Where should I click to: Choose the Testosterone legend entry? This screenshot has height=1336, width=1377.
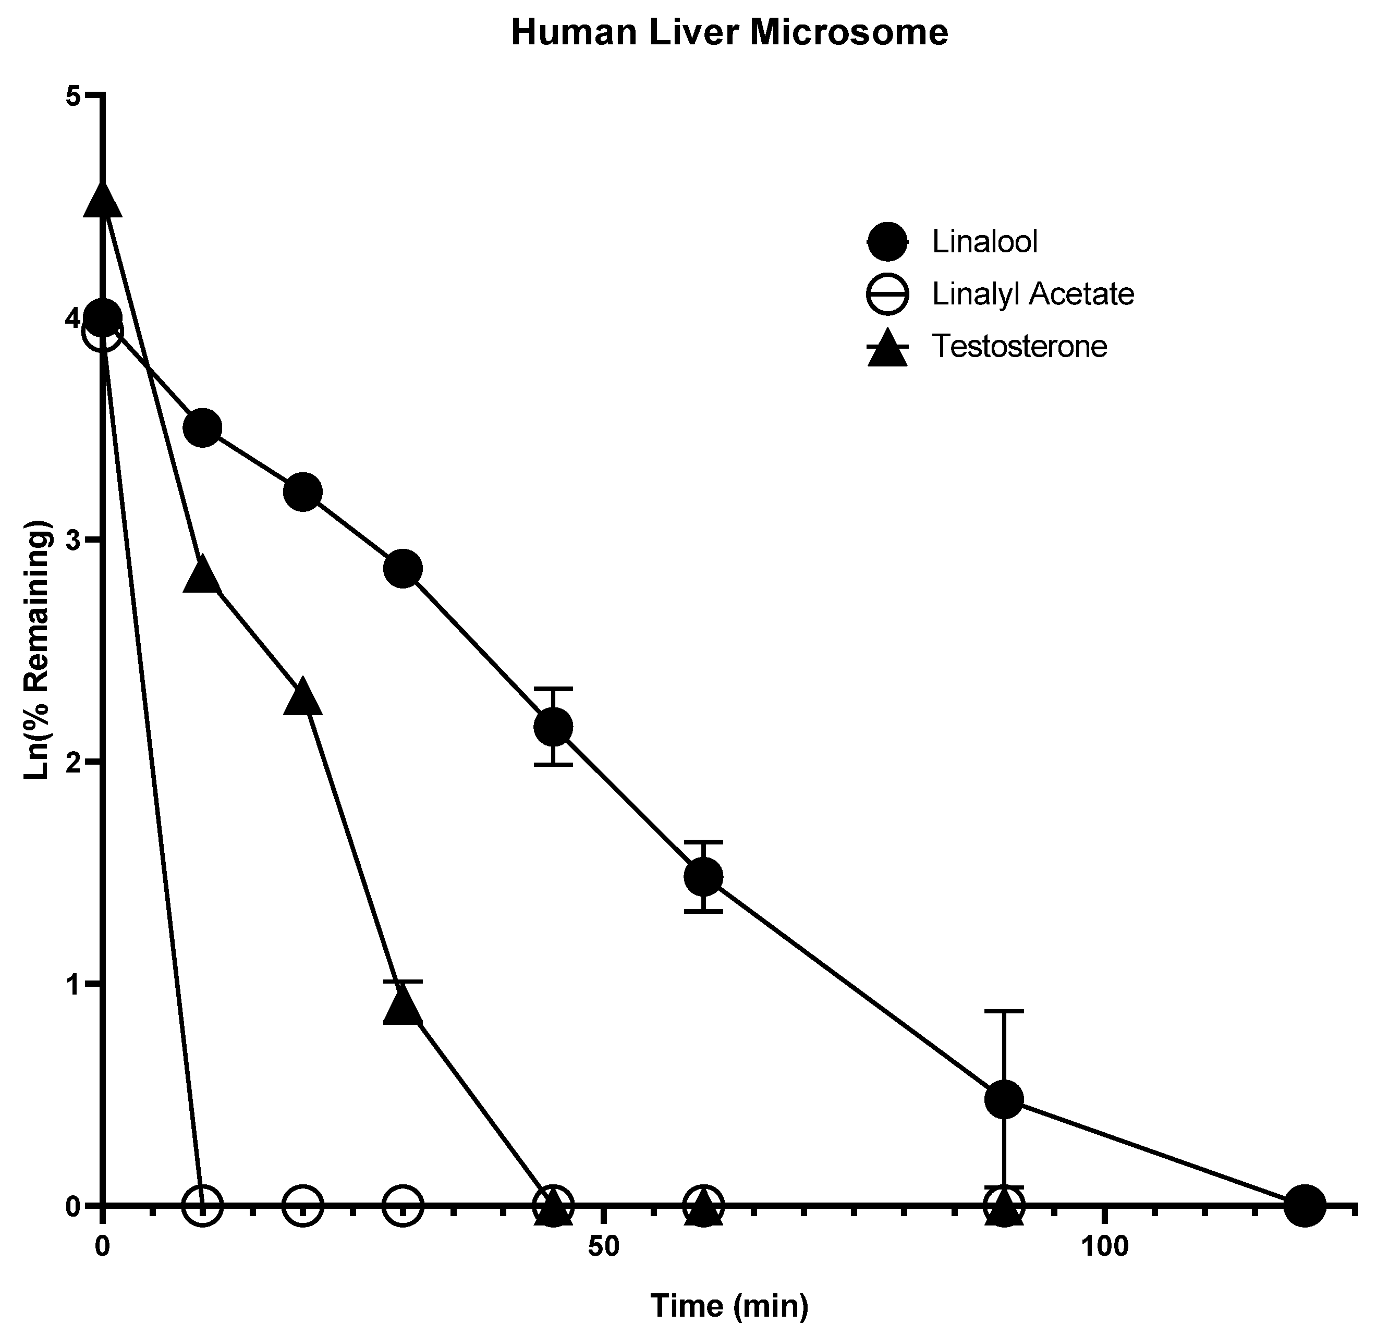(1019, 346)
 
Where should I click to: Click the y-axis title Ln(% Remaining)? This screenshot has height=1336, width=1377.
(39, 649)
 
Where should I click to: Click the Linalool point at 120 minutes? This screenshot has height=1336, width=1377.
(1305, 1205)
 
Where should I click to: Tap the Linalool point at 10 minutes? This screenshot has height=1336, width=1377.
(202, 428)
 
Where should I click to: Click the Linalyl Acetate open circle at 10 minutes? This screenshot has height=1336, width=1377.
(202, 1205)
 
